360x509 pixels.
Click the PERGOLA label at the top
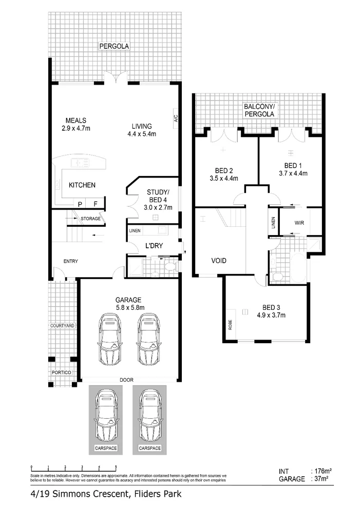pyautogui.click(x=114, y=47)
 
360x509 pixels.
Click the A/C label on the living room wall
pyautogui.click(x=175, y=119)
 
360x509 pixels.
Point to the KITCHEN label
pyautogui.click(x=82, y=185)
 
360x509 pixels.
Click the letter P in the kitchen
pyautogui.click(x=80, y=204)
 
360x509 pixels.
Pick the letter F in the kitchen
pyautogui.click(x=95, y=204)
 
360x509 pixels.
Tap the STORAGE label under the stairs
pyautogui.click(x=90, y=219)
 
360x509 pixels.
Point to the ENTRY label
pyautogui.click(x=70, y=262)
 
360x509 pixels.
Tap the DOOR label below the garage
pyautogui.click(x=126, y=380)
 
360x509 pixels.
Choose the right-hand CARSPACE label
pyautogui.click(x=149, y=448)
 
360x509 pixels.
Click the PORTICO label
pyautogui.click(x=61, y=372)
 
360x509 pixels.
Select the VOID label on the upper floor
pyautogui.click(x=219, y=261)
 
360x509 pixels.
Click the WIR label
pyautogui.click(x=300, y=223)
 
